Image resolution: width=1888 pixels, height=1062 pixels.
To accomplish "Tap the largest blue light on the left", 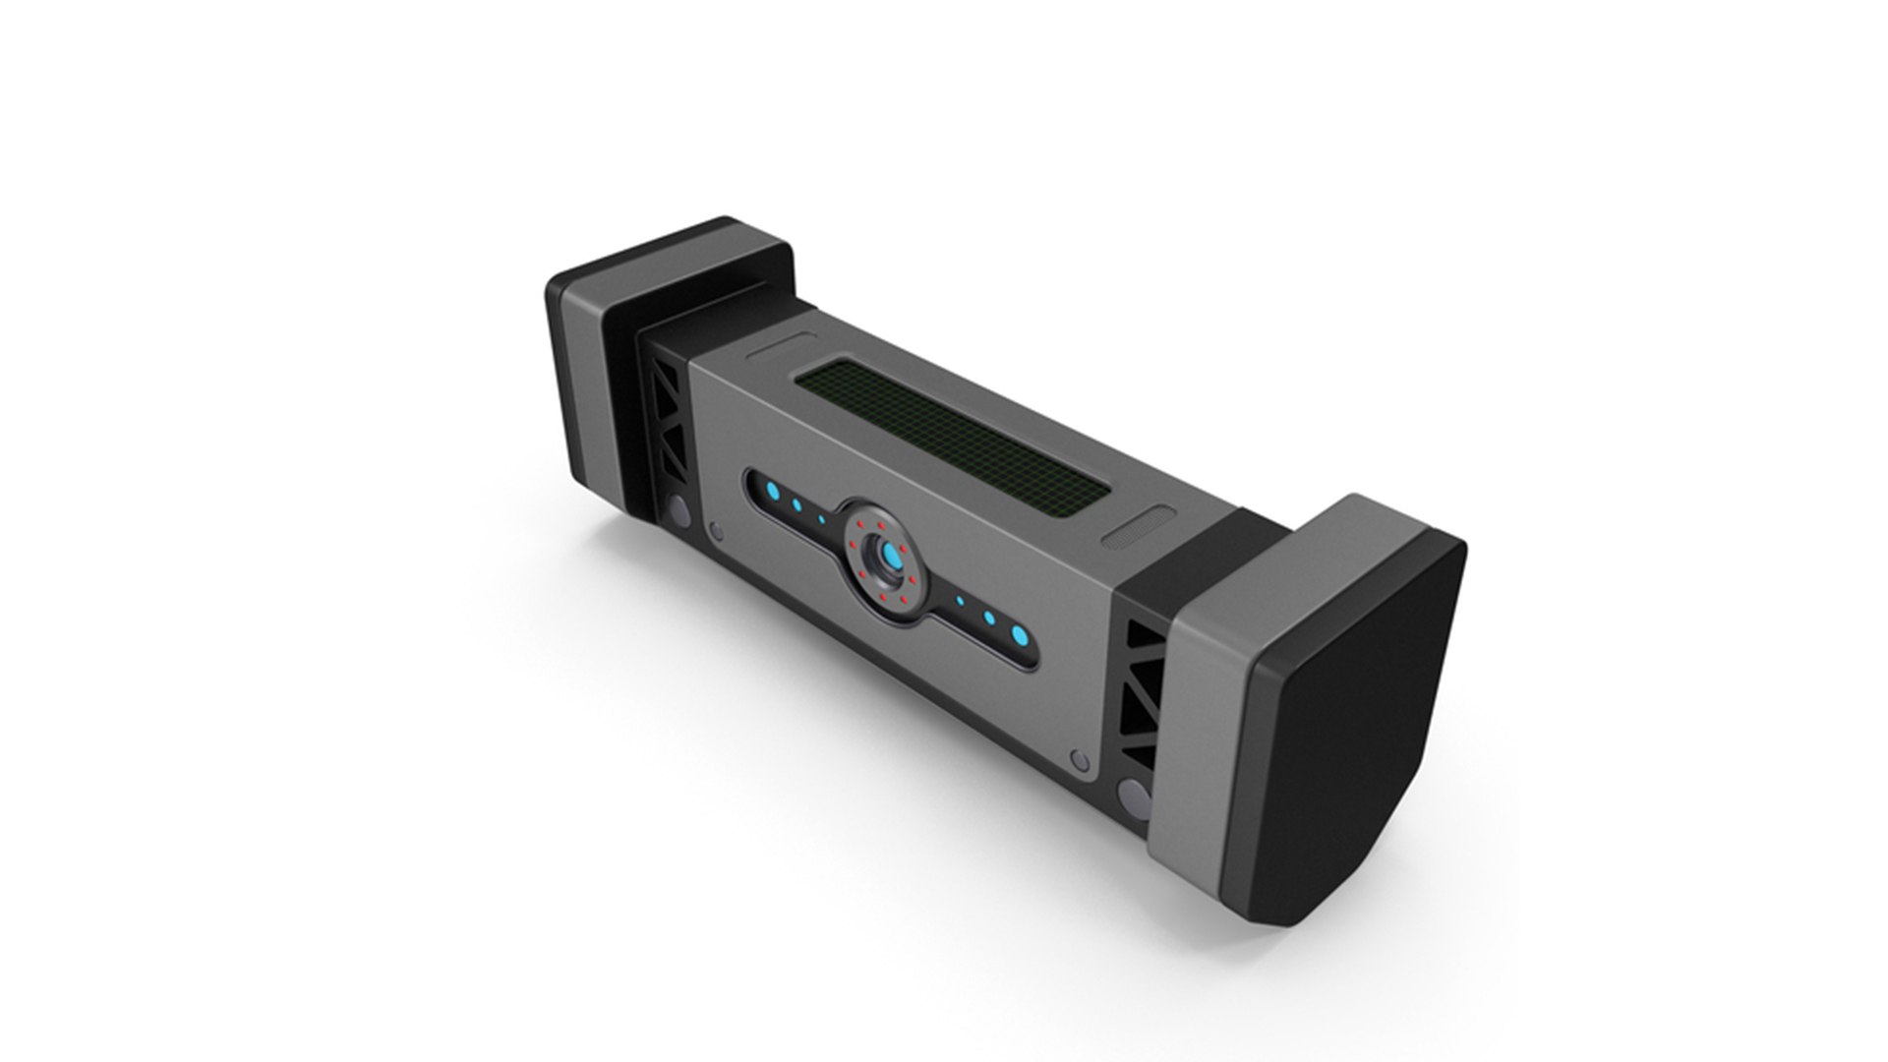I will [x=774, y=491].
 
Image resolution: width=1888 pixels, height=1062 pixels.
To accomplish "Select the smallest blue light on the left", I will [x=822, y=518].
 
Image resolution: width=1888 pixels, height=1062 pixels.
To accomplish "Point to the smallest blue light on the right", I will [x=961, y=599].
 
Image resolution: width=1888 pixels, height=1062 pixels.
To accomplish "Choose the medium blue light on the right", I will [x=990, y=619].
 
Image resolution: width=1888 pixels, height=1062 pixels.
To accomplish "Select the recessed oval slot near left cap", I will [x=782, y=346].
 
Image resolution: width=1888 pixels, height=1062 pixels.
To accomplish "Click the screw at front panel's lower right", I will [x=1080, y=759].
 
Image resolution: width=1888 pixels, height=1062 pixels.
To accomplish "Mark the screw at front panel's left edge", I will [x=716, y=532].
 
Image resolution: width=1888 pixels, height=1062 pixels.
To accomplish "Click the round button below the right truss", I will [x=1134, y=795].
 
